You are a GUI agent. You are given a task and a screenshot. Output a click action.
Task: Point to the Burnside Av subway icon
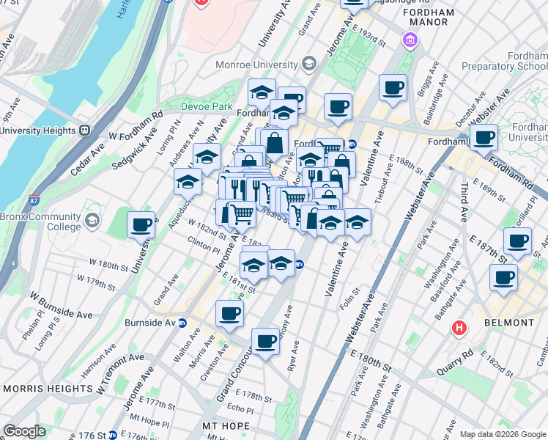183,323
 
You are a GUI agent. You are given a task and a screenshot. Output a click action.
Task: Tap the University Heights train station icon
84,131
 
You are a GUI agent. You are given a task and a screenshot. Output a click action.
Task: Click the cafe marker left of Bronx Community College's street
141,226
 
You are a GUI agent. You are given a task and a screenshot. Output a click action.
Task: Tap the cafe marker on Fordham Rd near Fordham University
484,138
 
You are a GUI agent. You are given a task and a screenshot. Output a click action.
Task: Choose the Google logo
24,431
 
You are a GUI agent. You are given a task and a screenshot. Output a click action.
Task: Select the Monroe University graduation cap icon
308,65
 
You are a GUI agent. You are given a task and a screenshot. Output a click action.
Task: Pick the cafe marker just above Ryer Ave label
265,342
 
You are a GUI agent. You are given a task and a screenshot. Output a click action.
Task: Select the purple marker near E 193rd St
409,40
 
